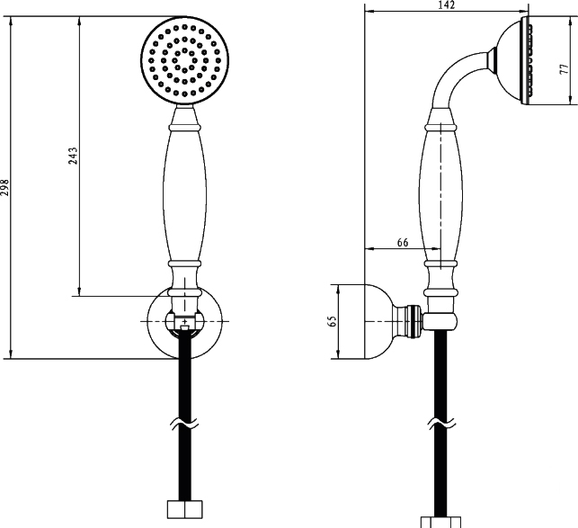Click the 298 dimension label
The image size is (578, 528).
(x=4, y=187)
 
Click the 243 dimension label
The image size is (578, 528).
(x=73, y=156)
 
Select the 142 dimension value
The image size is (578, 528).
(x=447, y=4)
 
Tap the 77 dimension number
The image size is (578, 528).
(x=564, y=68)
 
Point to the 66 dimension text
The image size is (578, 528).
(x=403, y=243)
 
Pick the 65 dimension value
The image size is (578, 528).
(x=332, y=321)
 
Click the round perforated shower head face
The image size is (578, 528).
(x=184, y=60)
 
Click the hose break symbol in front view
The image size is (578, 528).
(x=184, y=424)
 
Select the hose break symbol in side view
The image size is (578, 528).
(x=441, y=424)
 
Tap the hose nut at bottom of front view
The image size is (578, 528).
(x=184, y=509)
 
